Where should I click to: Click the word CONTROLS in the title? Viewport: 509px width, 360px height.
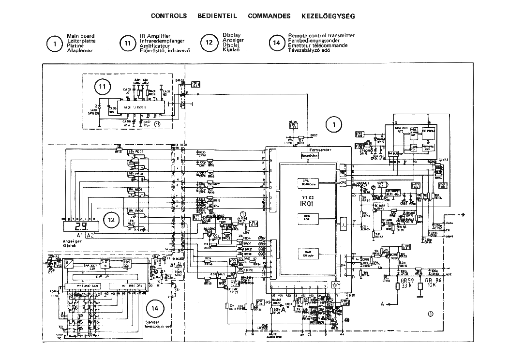pyautogui.click(x=169, y=15)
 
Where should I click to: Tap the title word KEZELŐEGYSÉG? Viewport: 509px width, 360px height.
pyautogui.click(x=328, y=15)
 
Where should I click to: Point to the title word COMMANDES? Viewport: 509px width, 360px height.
pyautogui.click(x=269, y=15)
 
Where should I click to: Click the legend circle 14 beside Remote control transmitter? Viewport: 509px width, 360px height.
pyautogui.click(x=277, y=43)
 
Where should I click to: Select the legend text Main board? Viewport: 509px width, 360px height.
pyautogui.click(x=81, y=36)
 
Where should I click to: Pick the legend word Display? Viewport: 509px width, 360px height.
pyautogui.click(x=232, y=35)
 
